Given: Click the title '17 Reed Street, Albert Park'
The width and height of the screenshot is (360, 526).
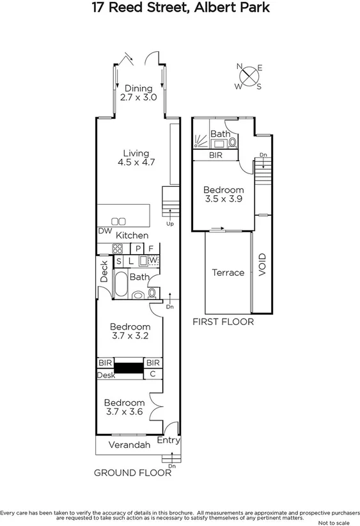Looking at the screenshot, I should coord(180,8).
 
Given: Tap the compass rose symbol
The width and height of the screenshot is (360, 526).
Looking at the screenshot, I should coord(249,77).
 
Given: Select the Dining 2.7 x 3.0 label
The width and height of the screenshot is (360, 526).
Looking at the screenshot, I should coord(139,93).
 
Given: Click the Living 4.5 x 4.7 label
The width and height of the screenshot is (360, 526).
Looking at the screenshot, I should coord(136,158).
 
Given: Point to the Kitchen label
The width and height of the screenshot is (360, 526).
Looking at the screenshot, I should coord(132,235).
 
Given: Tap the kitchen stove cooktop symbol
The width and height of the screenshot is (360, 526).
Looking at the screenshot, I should coord(118,249).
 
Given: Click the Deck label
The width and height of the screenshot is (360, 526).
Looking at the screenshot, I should coord(104,271).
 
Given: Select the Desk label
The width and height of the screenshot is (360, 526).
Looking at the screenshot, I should coord(106,376).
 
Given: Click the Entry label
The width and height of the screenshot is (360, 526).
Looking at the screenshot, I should coord(168,440).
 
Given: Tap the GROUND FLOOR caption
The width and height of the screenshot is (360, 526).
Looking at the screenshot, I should coord(132,473).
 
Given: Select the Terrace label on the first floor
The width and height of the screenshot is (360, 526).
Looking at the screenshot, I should coord(228,273).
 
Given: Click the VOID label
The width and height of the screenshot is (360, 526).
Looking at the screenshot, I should coord(262,265).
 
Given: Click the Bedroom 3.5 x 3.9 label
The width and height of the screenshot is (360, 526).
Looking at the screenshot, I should coord(223,195).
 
